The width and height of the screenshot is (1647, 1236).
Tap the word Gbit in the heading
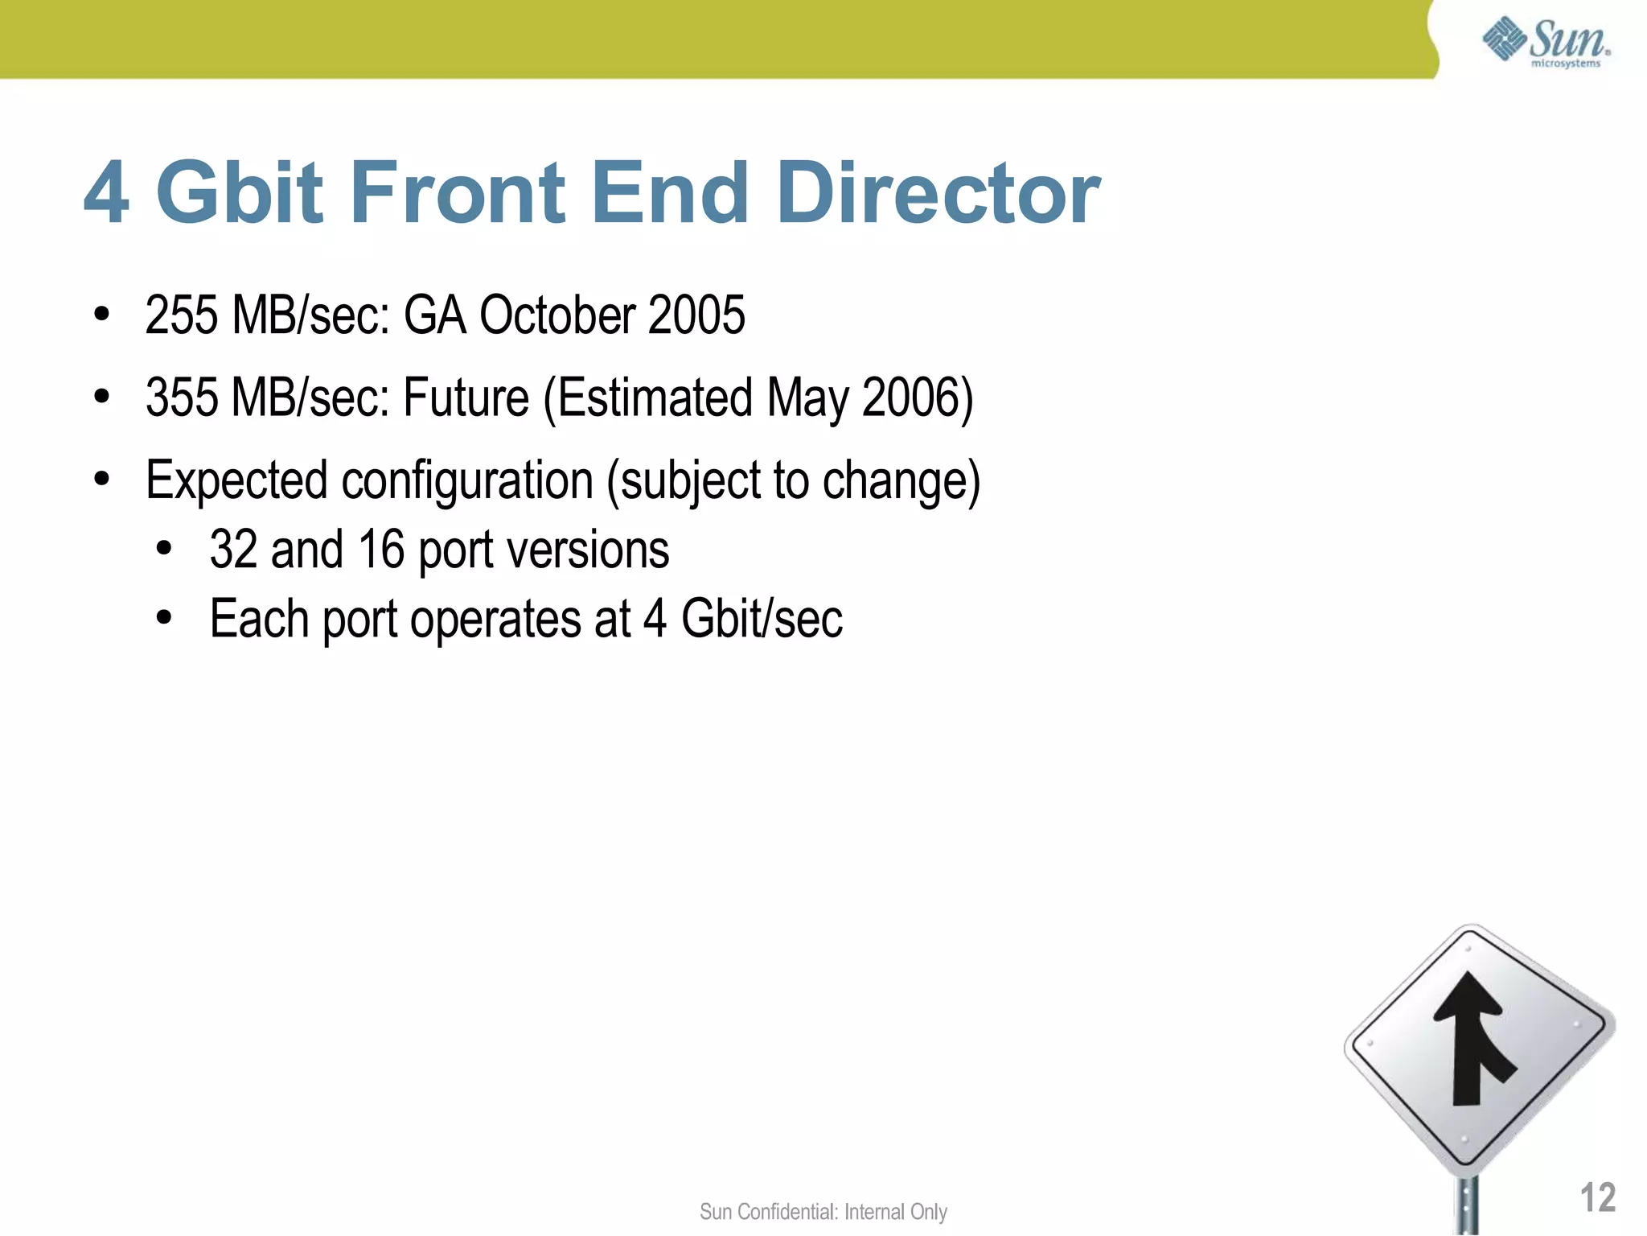(240, 193)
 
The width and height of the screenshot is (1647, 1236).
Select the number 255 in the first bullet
(182, 315)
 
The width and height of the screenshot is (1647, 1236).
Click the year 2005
(696, 315)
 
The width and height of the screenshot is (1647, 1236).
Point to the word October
(557, 315)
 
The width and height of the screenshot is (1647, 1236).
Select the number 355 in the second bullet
(182, 398)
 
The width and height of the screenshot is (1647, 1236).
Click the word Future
(466, 398)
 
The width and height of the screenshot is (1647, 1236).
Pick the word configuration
(467, 481)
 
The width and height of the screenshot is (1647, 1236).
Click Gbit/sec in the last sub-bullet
(762, 620)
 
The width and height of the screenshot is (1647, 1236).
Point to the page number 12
(1597, 1197)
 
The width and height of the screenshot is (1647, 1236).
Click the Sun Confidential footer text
(823, 1212)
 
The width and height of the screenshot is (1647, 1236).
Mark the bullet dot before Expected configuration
(101, 480)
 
